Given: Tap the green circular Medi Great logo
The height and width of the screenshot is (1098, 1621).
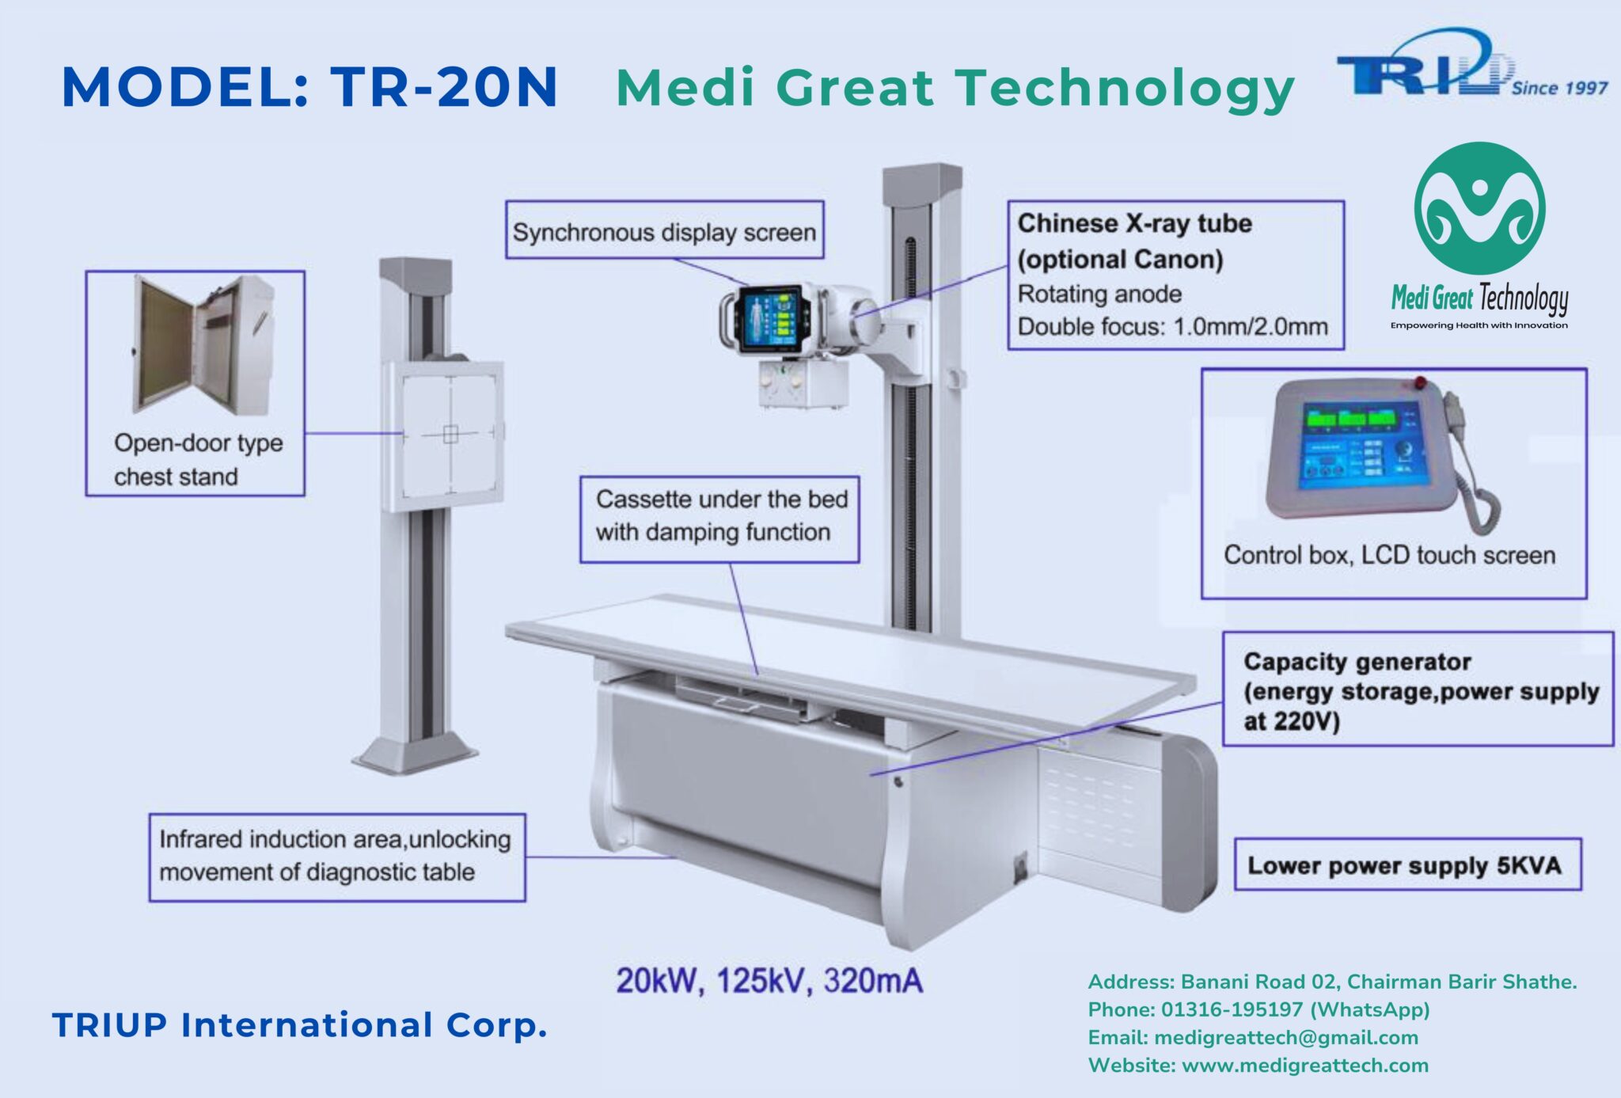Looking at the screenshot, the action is (1479, 208).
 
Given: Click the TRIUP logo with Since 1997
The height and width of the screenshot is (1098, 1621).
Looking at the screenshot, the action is (1472, 64).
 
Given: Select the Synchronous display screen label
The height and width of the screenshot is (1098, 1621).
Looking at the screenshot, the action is (664, 230).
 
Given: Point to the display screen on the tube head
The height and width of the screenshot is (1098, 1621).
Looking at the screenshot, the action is (769, 317).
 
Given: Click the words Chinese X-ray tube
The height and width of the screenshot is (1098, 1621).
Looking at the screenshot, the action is (1134, 223).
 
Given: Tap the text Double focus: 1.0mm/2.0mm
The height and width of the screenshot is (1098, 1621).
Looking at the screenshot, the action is (1172, 326).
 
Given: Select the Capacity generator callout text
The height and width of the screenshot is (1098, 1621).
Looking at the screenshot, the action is (1421, 690).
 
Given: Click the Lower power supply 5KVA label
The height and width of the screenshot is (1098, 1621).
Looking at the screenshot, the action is (1405, 865).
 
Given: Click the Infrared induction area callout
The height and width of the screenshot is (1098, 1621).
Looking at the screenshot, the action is (336, 856).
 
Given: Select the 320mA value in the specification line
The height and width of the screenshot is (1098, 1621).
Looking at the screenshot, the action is (873, 981).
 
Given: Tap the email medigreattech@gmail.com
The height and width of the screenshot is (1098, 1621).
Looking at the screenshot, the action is (1286, 1038).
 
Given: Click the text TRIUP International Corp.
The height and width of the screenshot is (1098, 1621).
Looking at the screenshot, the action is (300, 1024).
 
